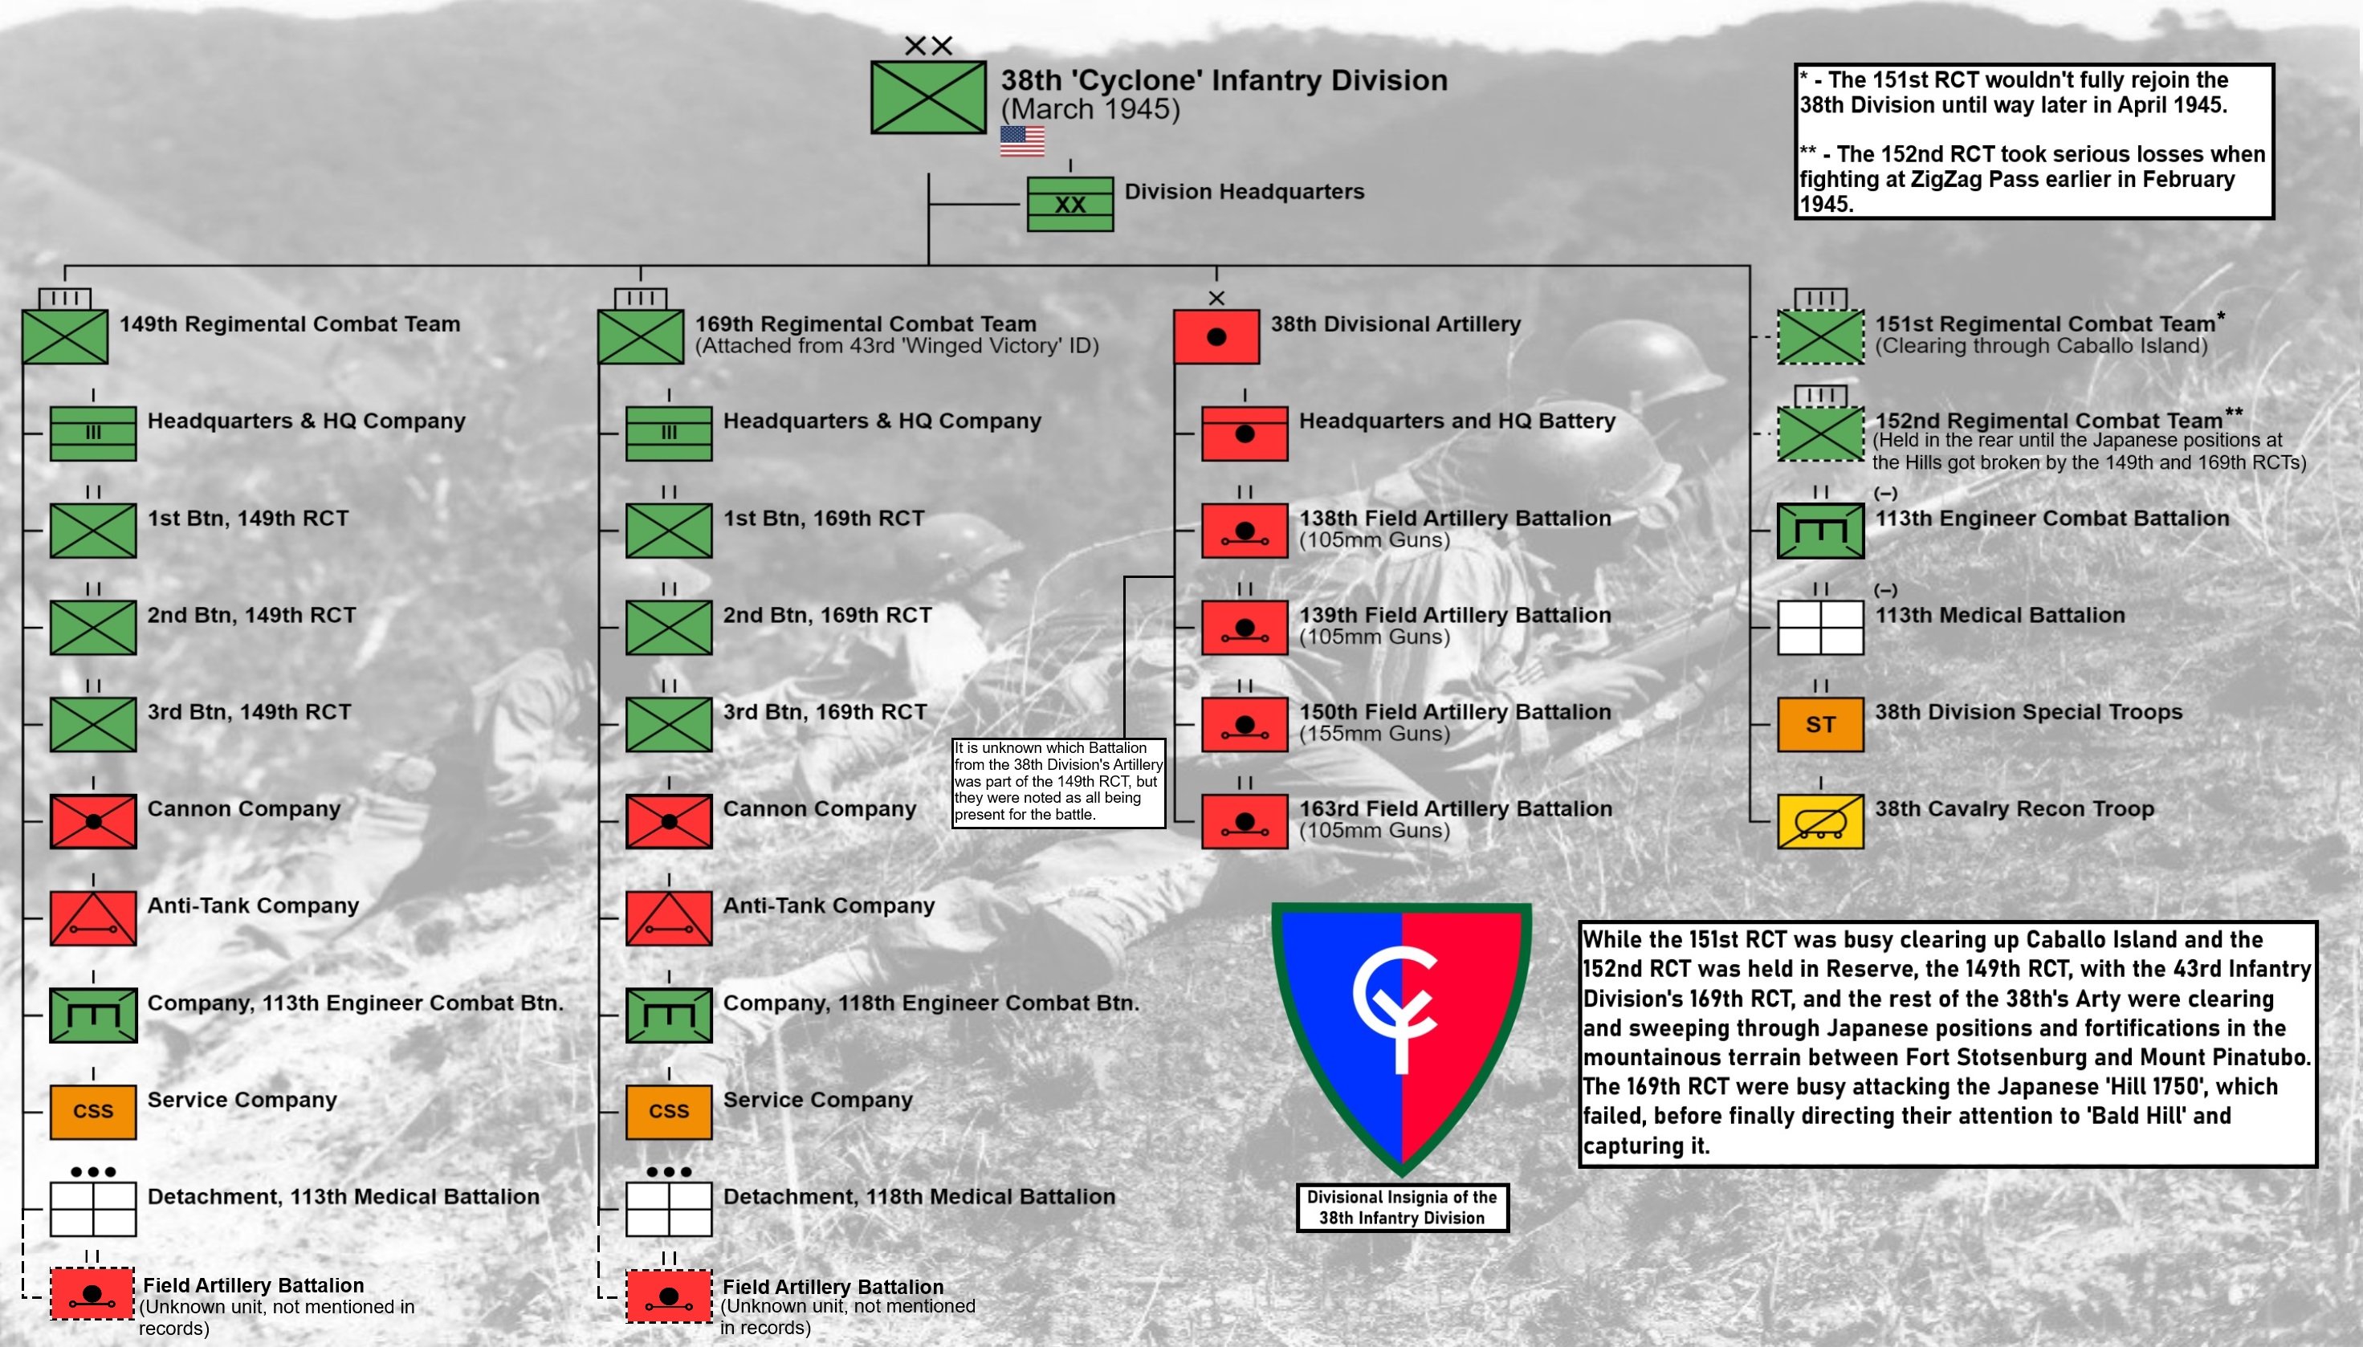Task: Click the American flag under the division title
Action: pos(1021,141)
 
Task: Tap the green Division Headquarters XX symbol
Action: pos(1069,205)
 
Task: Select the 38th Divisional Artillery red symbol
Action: pos(1216,337)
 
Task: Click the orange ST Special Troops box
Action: pos(1820,724)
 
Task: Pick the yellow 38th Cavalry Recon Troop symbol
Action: pos(1820,821)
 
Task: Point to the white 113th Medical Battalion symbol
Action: pos(1820,627)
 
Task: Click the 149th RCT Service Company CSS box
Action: pos(92,1111)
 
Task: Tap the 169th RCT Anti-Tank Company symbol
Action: pos(668,918)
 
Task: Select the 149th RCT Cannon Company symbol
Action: pos(92,821)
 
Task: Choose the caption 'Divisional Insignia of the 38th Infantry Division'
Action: pos(1402,1207)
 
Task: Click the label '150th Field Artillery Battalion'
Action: pos(1454,711)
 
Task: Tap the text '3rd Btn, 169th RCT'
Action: pos(825,711)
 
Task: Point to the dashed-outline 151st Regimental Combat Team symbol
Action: pos(1820,337)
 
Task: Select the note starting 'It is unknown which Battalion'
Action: pos(1057,782)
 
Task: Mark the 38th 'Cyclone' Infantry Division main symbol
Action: pos(928,98)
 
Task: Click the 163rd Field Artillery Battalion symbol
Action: pos(1245,821)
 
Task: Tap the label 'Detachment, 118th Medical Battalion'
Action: pos(919,1196)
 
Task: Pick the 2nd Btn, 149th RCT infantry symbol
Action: pos(92,627)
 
